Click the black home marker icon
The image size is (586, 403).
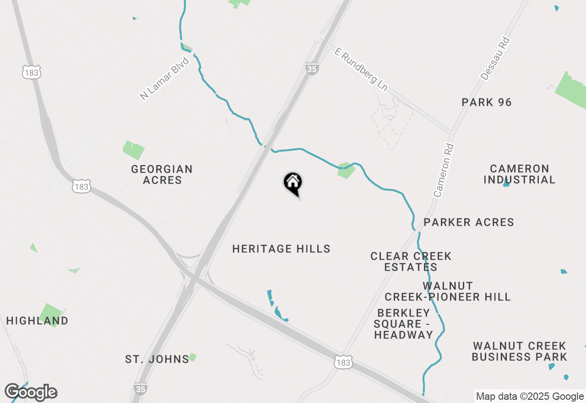pos(293,183)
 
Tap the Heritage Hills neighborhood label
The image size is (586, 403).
pos(281,249)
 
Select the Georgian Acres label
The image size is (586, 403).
pos(162,174)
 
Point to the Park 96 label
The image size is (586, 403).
pos(487,102)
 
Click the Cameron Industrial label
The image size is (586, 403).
pos(519,174)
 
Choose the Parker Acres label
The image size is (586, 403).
pos(469,223)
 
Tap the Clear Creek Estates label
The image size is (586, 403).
pos(411,261)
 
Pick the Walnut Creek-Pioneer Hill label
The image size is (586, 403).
pos(447,291)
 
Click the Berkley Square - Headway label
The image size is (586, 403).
pos(403,324)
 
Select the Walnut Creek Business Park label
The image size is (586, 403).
pos(519,351)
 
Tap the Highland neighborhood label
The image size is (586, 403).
pos(37,321)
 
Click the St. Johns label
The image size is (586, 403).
pos(157,359)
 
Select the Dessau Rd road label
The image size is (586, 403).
pos(495,59)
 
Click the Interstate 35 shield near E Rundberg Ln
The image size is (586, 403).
pos(311,69)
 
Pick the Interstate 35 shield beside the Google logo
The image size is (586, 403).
pos(141,389)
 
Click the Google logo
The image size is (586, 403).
pos(31,392)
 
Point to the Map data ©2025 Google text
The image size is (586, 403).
pos(529,397)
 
